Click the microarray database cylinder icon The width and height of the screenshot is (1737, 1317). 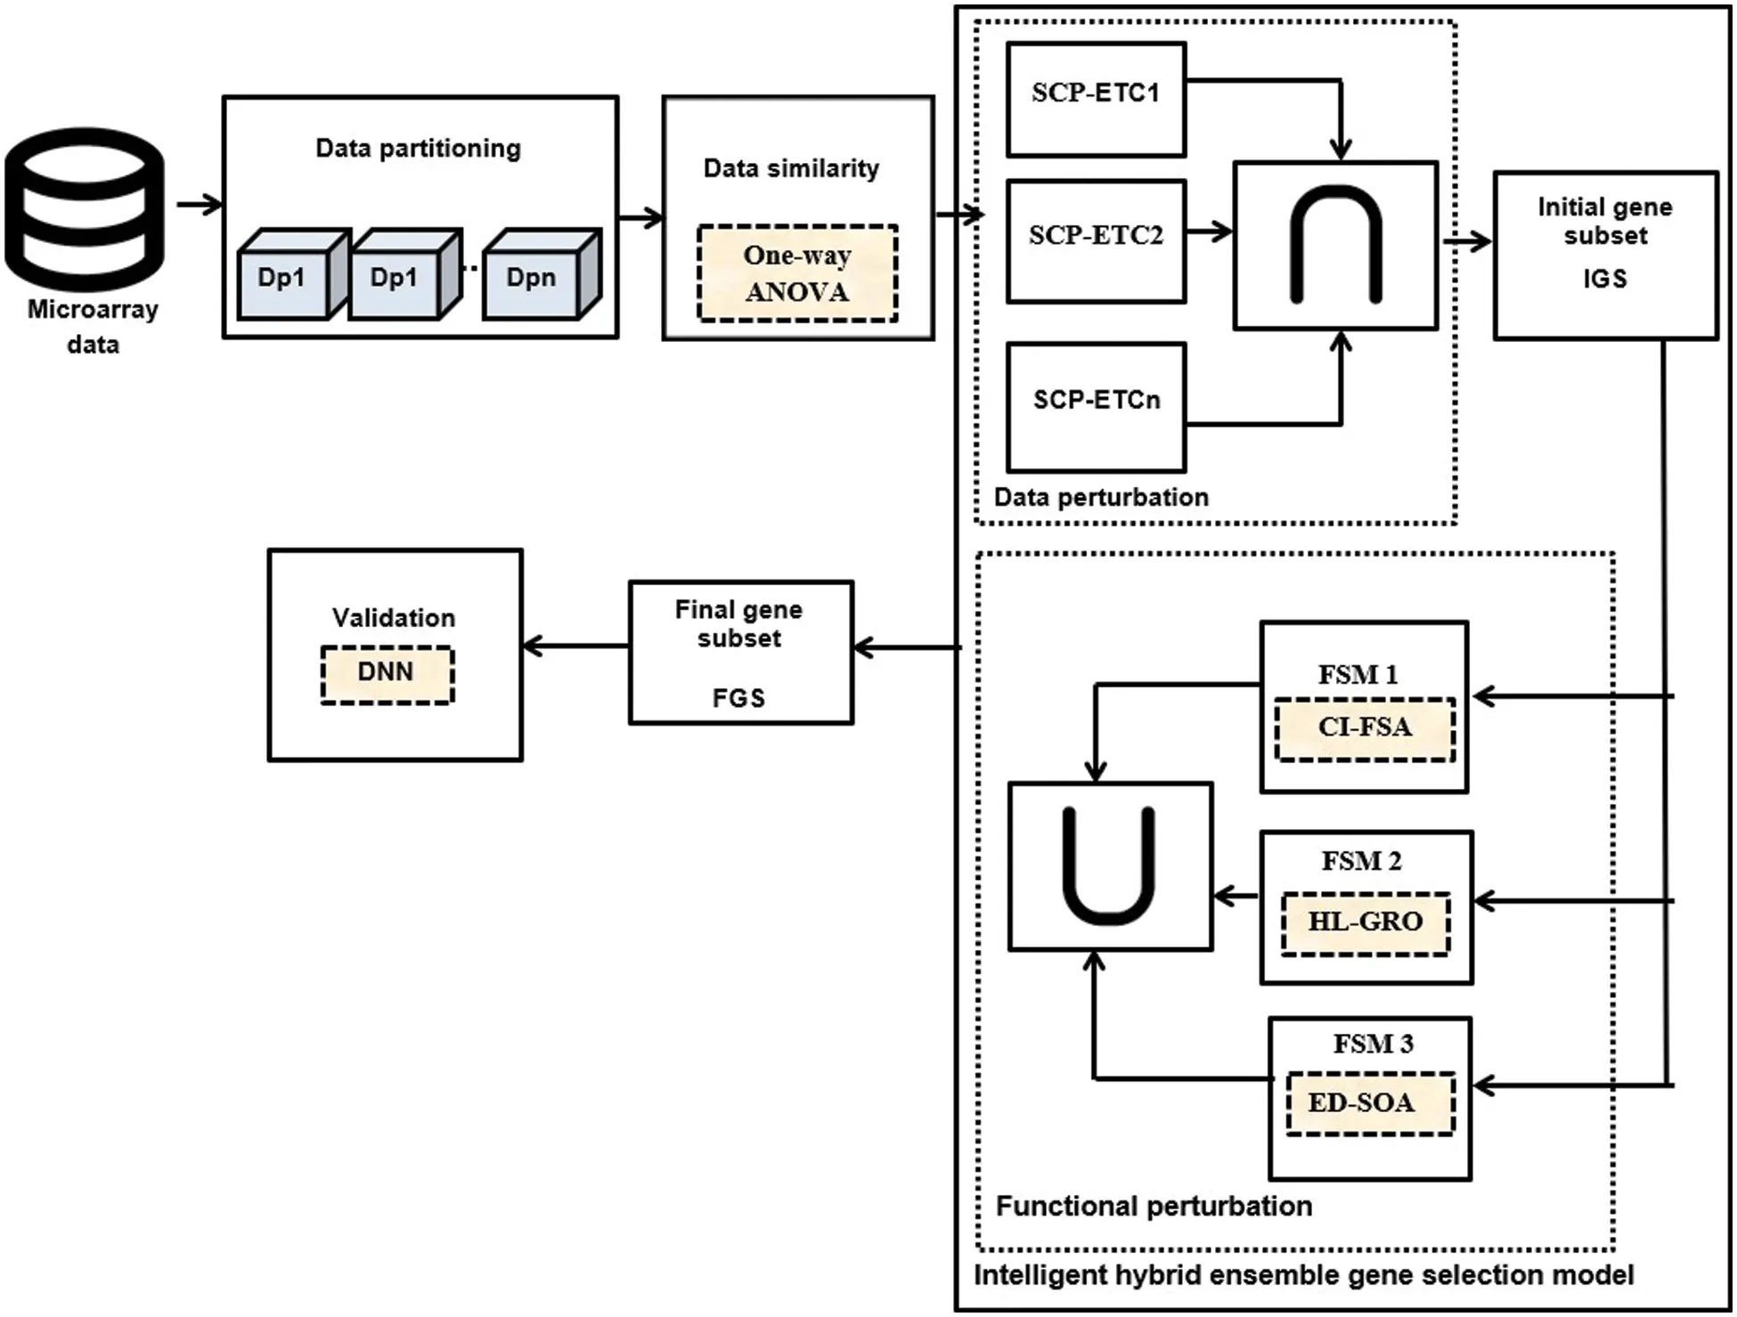pyautogui.click(x=86, y=209)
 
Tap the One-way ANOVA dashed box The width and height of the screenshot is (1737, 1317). pyautogui.click(x=797, y=272)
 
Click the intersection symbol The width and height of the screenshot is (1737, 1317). pyautogui.click(x=1335, y=245)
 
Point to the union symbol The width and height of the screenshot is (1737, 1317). pyautogui.click(x=1110, y=865)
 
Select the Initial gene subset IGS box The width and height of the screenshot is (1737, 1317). pyautogui.click(x=1604, y=255)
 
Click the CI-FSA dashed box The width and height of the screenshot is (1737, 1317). pyautogui.click(x=1365, y=728)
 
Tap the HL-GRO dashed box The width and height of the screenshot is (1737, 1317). pyautogui.click(x=1365, y=923)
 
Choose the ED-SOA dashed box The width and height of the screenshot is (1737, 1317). pyautogui.click(x=1369, y=1103)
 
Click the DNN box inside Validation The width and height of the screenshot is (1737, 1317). pyautogui.click(x=387, y=674)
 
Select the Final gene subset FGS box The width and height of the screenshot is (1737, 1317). pyautogui.click(x=740, y=652)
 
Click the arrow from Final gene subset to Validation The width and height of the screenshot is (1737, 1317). pyautogui.click(x=575, y=646)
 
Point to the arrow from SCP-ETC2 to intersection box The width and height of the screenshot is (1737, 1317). pyautogui.click(x=1209, y=232)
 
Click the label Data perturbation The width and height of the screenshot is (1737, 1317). pyautogui.click(x=1101, y=497)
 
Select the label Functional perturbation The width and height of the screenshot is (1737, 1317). pyautogui.click(x=1154, y=1206)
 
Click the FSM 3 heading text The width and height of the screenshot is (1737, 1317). pyautogui.click(x=1373, y=1044)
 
